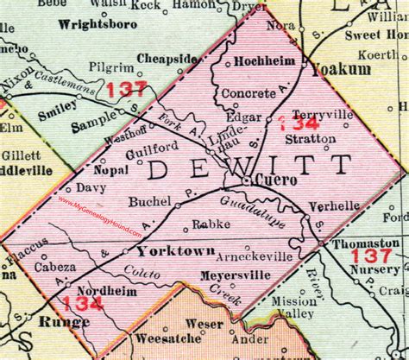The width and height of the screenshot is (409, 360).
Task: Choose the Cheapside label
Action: [x=171, y=60]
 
